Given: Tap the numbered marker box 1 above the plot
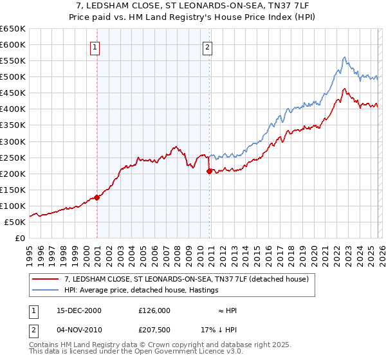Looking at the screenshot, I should point(95,46).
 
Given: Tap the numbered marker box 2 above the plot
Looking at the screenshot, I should point(208,46).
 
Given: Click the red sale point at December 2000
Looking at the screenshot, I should point(97,197).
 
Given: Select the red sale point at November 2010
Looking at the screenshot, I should point(210,171).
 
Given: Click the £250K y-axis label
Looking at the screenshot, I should point(13,157).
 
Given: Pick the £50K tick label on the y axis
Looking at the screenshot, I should point(15,222).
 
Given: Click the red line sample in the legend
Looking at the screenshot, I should point(46,279).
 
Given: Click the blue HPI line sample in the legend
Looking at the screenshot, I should point(46,291).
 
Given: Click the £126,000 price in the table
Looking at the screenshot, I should point(154,310).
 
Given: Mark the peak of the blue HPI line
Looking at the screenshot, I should point(345,57).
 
